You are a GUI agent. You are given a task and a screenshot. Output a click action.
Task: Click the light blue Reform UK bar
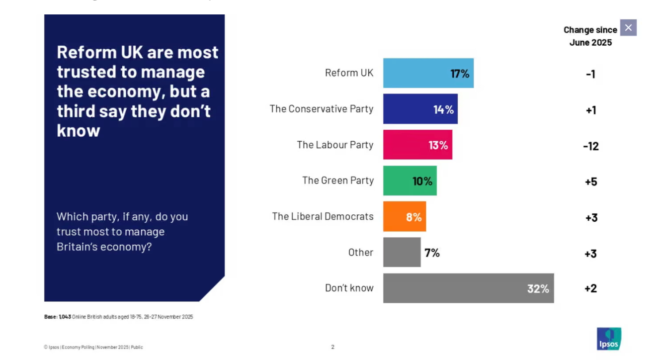pyautogui.click(x=428, y=73)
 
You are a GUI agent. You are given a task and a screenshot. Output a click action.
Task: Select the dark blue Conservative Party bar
pyautogui.click(x=420, y=109)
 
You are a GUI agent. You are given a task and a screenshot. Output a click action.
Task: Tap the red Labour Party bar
pyautogui.click(x=417, y=145)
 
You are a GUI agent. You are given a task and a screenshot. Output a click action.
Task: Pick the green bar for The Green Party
pyautogui.click(x=409, y=180)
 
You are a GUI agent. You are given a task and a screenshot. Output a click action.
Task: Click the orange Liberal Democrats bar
pyautogui.click(x=404, y=216)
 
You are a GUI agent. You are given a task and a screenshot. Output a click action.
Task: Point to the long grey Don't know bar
pyautogui.click(x=468, y=288)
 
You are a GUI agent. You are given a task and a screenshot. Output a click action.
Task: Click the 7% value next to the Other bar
pyautogui.click(x=432, y=253)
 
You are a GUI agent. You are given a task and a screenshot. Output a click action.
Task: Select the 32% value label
pyautogui.click(x=538, y=288)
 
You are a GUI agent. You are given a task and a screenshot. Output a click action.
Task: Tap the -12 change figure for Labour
pyautogui.click(x=590, y=146)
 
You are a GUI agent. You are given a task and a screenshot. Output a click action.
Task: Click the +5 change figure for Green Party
pyautogui.click(x=590, y=182)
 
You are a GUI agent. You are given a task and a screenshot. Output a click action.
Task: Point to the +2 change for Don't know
pyautogui.click(x=590, y=288)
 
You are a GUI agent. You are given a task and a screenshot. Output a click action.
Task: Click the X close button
pyautogui.click(x=628, y=28)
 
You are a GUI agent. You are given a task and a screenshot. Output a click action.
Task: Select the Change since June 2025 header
pyautogui.click(x=590, y=36)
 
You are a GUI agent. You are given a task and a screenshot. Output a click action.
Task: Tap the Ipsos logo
pyautogui.click(x=609, y=339)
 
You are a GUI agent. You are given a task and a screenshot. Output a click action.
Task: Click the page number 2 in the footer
pyautogui.click(x=332, y=347)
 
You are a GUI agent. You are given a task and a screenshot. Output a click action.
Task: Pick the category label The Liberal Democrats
pyautogui.click(x=323, y=216)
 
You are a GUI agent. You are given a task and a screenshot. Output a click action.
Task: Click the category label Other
pyautogui.click(x=360, y=252)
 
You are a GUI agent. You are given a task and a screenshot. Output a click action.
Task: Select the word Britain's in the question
pyautogui.click(x=77, y=246)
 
